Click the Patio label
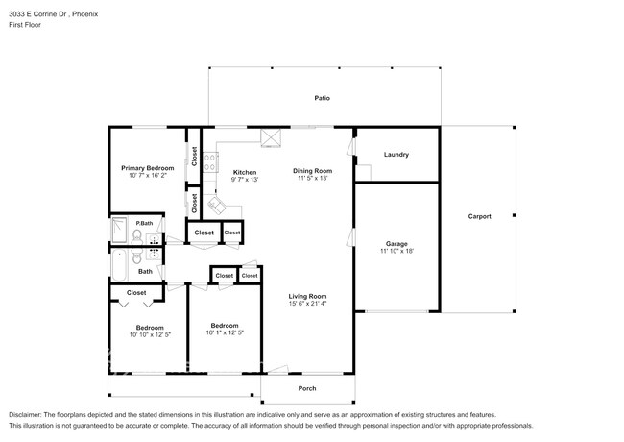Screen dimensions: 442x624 point(323,98)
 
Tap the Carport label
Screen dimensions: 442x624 point(479,216)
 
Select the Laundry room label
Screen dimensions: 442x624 point(396,155)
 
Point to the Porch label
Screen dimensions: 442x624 point(306,388)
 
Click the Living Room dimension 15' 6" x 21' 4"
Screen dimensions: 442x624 point(307,305)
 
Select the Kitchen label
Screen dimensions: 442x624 point(246,171)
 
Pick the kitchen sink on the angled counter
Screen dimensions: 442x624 point(219,205)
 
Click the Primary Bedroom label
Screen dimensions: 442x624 point(146,168)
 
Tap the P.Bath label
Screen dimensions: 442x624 point(144,223)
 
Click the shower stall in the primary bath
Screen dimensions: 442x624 point(120,231)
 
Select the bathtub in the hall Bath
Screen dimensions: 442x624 point(119,260)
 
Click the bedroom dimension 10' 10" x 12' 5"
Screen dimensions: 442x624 point(149,334)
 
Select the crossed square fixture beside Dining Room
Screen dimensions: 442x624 point(271,136)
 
